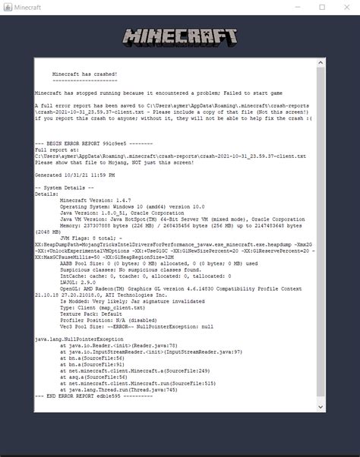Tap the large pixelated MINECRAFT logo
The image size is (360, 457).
click(180, 38)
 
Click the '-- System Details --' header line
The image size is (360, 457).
click(65, 187)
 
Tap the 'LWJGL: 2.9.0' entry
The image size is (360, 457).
click(80, 281)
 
